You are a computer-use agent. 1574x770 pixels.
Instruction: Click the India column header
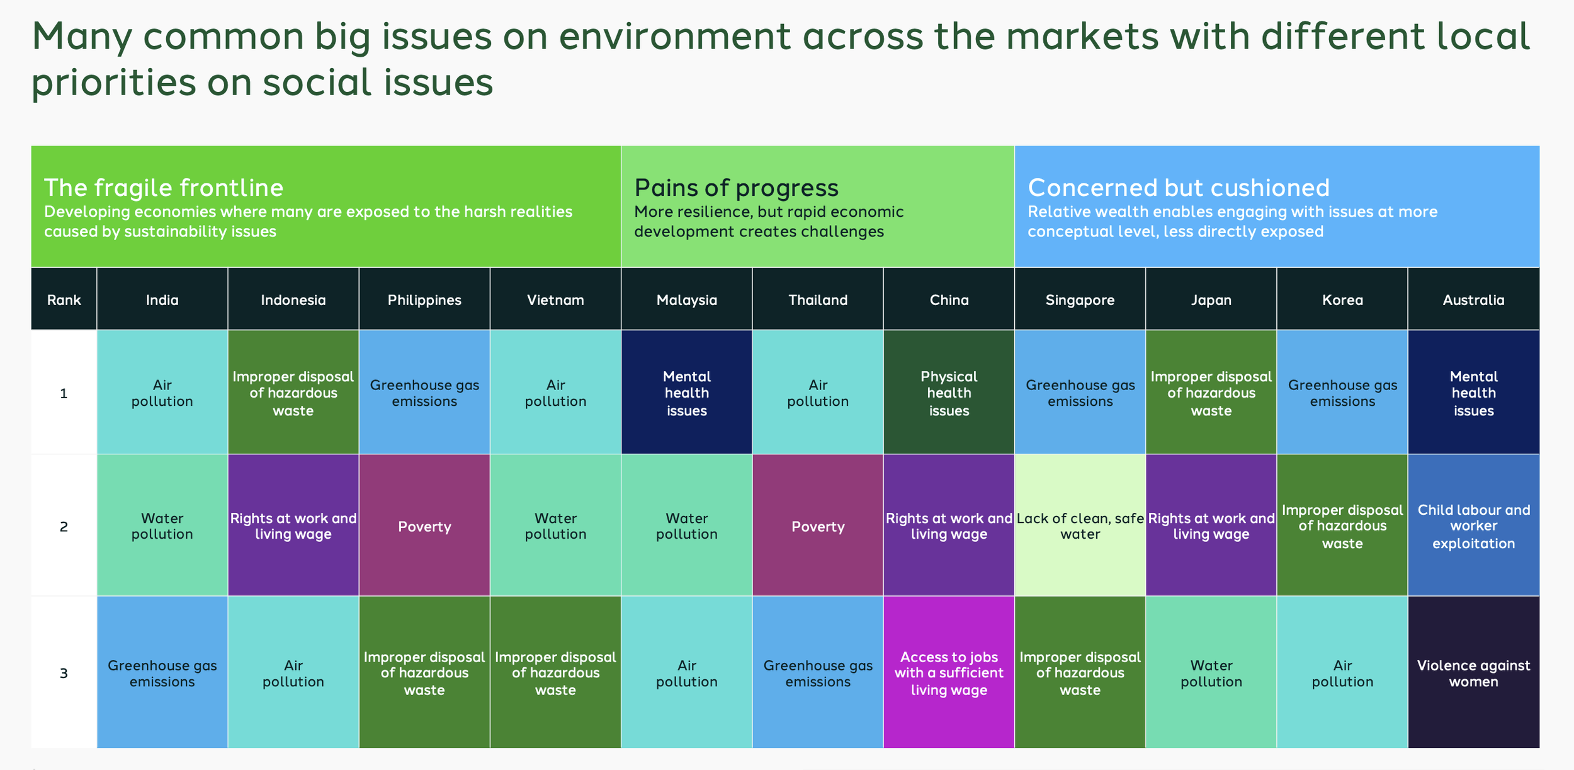[162, 300]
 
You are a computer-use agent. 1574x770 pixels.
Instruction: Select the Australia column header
[1473, 300]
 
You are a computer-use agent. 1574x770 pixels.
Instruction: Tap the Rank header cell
[64, 300]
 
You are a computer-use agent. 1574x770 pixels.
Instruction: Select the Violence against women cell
[1473, 673]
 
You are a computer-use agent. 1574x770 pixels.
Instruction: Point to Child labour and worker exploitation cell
[1473, 526]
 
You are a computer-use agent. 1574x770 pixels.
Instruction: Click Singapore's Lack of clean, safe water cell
[1080, 526]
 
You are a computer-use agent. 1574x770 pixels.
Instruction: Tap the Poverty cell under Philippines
[424, 526]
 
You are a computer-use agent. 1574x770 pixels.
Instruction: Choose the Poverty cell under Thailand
[818, 526]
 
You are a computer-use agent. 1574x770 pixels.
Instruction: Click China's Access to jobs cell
[949, 673]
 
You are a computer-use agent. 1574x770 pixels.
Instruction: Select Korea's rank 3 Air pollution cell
[1342, 673]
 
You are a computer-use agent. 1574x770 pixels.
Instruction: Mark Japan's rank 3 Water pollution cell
[1211, 673]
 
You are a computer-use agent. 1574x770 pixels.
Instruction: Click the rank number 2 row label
[64, 526]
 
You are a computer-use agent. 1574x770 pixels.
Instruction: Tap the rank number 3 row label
[64, 673]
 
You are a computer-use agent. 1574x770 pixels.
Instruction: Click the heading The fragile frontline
[164, 188]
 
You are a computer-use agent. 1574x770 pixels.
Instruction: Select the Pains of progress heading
[736, 188]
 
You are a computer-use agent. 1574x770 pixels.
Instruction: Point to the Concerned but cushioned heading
[1179, 188]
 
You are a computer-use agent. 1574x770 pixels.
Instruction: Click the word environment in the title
[674, 37]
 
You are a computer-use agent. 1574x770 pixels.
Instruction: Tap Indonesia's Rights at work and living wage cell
[293, 526]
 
